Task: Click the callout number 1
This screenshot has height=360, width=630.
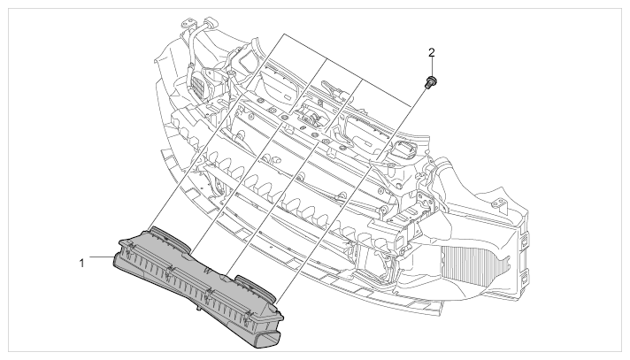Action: click(x=82, y=264)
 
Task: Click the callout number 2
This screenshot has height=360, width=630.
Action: click(x=432, y=52)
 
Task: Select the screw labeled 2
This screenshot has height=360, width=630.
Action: click(x=431, y=81)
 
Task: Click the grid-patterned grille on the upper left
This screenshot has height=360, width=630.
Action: click(x=198, y=86)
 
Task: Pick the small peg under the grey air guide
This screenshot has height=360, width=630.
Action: click(x=198, y=309)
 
